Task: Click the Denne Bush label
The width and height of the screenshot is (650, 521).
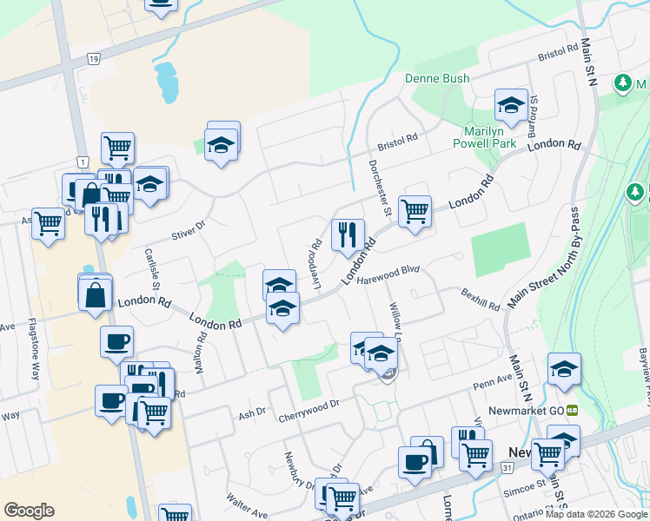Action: (437, 78)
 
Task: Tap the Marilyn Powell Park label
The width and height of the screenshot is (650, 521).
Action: (485, 136)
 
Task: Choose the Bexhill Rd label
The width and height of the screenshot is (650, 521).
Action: (481, 300)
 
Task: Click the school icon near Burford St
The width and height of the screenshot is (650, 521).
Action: (511, 106)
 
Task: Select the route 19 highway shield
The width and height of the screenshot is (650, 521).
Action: (92, 57)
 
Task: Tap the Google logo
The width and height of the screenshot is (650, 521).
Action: (30, 511)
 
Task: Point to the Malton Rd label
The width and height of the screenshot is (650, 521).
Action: (201, 357)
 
